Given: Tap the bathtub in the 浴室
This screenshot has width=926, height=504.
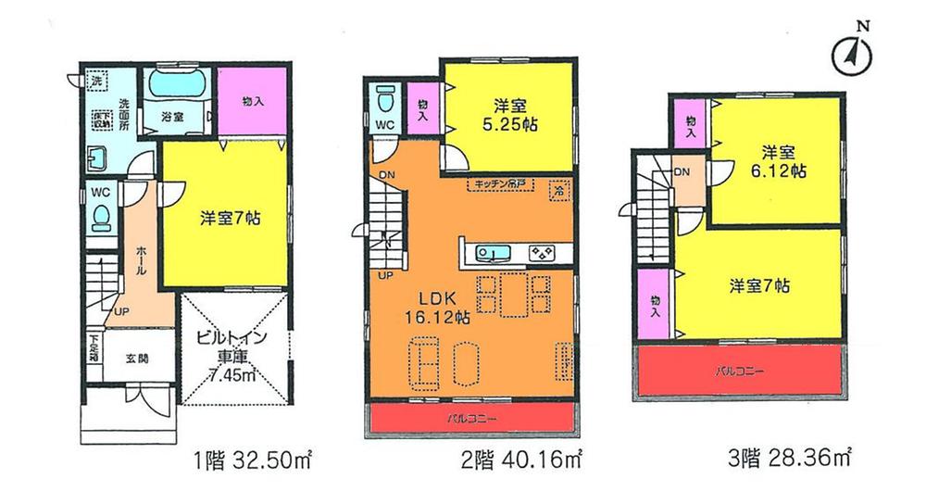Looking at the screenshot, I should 181,90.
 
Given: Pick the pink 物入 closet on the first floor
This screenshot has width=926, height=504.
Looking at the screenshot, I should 252,101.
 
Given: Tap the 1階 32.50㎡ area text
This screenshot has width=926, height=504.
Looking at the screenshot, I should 249,458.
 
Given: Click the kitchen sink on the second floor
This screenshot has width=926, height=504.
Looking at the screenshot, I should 492,252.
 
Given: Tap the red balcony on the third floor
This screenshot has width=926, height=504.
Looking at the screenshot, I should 740,370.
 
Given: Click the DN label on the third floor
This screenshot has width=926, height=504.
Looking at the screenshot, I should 682,172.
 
